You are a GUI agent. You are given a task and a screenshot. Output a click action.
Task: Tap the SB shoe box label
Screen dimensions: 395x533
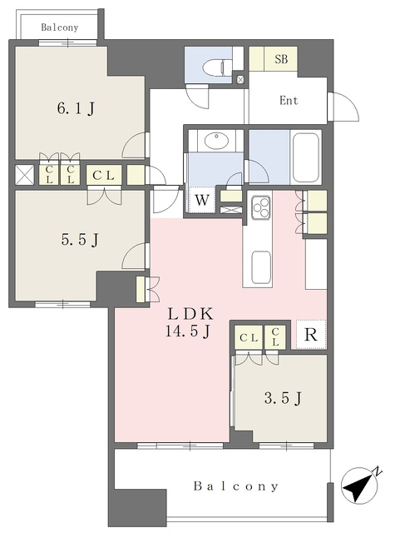pos(281,59)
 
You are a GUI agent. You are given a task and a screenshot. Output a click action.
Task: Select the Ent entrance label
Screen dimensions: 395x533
pos(289,100)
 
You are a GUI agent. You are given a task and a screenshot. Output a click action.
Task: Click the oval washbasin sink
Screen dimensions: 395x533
pos(216,141)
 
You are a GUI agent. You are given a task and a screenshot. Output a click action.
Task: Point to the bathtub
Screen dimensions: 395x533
pos(306,157)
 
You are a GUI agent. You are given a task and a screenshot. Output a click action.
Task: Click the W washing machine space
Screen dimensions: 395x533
pos(202,200)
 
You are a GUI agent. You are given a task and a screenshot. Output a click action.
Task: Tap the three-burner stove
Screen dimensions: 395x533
pos(260,207)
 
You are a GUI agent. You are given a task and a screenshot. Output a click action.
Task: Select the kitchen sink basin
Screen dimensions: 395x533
pos(261,267)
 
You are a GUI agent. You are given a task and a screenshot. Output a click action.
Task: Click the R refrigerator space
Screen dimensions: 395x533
pos(310,335)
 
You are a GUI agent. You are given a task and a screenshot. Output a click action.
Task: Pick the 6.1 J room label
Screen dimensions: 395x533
pos(76,109)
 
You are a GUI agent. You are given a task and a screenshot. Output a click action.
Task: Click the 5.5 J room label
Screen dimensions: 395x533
pos(80,240)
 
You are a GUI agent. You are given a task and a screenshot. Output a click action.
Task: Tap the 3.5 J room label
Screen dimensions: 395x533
pos(283,398)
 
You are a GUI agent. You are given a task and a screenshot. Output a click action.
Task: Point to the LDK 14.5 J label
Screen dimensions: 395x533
pos(190,322)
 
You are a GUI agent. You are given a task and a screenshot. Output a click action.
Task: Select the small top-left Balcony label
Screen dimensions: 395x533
pos(60,27)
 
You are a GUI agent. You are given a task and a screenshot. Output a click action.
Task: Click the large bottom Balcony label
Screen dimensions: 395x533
pos(236,486)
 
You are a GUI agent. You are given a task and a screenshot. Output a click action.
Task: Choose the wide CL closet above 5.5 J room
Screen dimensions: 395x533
pos(104,175)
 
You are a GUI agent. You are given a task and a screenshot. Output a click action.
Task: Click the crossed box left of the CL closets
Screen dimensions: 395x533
pos(25,175)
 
